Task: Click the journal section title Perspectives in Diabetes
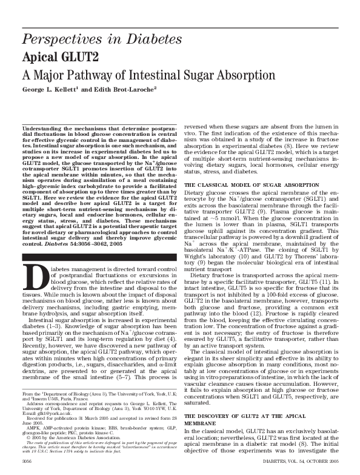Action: [115, 41]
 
